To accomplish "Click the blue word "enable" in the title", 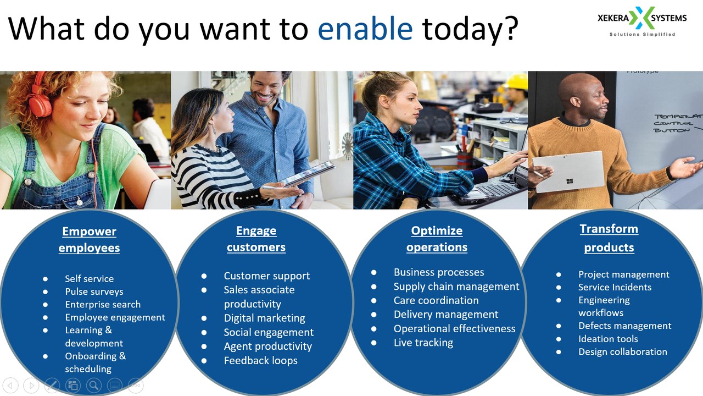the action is [365, 29].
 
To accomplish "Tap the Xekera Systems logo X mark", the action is [640, 18].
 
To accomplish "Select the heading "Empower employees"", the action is [89, 239].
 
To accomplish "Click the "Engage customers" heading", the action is [256, 239].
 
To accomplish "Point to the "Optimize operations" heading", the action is [437, 239].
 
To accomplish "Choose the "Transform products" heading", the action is [609, 238].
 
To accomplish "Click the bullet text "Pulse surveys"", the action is [94, 291].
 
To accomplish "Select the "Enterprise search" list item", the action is [103, 304].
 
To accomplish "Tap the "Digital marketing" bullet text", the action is [264, 318].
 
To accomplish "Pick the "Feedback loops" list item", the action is [260, 360].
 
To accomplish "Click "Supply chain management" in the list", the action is [456, 287].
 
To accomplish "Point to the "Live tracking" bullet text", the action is [423, 343].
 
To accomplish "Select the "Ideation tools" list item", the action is [608, 339].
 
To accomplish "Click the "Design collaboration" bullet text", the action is [623, 351].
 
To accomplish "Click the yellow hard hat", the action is [517, 82].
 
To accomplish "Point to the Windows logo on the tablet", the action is [570, 181].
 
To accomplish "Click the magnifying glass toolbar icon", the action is [94, 386].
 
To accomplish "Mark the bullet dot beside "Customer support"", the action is [204, 276].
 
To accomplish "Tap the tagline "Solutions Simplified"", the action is [642, 34].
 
